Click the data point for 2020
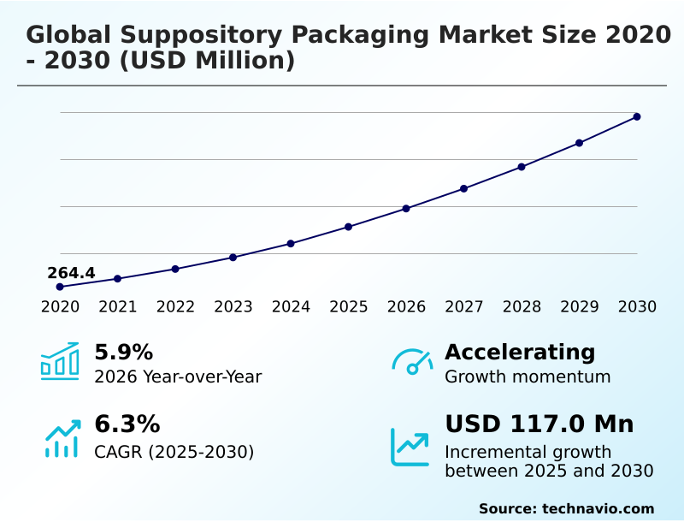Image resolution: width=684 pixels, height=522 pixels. click(x=60, y=287)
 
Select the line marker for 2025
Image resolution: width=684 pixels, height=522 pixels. click(x=349, y=227)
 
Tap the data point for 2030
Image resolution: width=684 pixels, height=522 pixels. click(x=637, y=116)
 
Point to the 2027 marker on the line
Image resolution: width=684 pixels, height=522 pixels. click(x=464, y=188)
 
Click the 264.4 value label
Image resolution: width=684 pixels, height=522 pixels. click(x=71, y=273)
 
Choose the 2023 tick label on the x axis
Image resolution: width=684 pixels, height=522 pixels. click(x=233, y=306)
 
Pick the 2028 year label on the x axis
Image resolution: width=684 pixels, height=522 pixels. click(x=522, y=306)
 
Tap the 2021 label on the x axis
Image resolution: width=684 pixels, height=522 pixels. click(x=118, y=306)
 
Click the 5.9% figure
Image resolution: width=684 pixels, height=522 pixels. click(x=123, y=352)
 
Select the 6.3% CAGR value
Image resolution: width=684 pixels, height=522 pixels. click(x=127, y=424)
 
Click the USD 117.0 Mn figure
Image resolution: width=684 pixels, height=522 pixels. click(x=539, y=424)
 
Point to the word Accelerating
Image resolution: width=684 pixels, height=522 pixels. click(x=520, y=352)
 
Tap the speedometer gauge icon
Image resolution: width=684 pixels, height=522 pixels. click(x=412, y=362)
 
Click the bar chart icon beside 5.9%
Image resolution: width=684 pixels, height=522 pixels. click(x=60, y=362)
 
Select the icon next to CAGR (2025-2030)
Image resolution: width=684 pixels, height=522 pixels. click(x=62, y=438)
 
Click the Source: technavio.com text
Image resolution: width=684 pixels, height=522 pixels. click(x=566, y=508)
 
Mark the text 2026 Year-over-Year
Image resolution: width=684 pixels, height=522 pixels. click(x=178, y=377)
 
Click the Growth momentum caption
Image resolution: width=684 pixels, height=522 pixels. click(x=528, y=377)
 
